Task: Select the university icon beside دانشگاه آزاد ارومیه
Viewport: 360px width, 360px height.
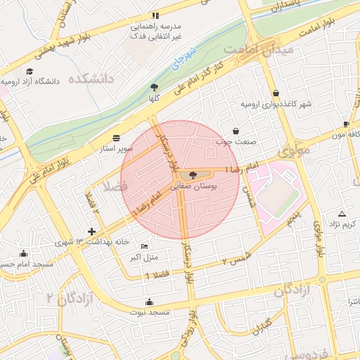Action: click(30, 72)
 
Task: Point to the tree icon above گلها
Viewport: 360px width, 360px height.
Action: click(154, 87)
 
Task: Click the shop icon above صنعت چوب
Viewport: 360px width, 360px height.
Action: click(235, 131)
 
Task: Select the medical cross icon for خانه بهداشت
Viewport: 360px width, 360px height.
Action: click(91, 231)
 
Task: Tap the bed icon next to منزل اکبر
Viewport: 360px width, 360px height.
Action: click(144, 247)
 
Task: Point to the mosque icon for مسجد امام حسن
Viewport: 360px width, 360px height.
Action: click(25, 254)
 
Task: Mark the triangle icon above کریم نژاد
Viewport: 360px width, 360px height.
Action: click(342, 213)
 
